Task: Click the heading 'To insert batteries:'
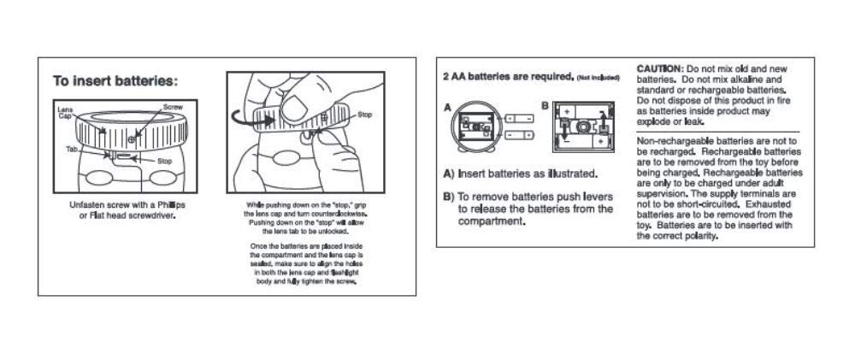click(x=115, y=82)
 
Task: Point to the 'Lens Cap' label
click(x=64, y=113)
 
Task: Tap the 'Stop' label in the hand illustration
click(x=365, y=114)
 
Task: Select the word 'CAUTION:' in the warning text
click(x=661, y=68)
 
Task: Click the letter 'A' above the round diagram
click(x=447, y=108)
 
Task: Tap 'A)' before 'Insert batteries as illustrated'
click(x=449, y=175)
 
